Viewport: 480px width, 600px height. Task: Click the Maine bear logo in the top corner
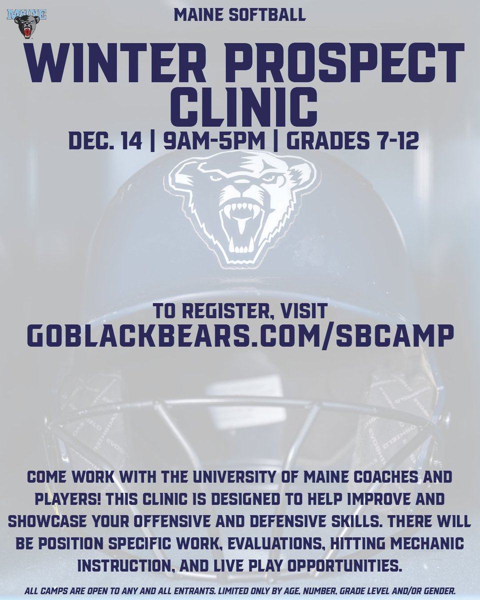click(x=26, y=22)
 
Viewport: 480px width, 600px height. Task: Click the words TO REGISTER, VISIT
click(x=240, y=311)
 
